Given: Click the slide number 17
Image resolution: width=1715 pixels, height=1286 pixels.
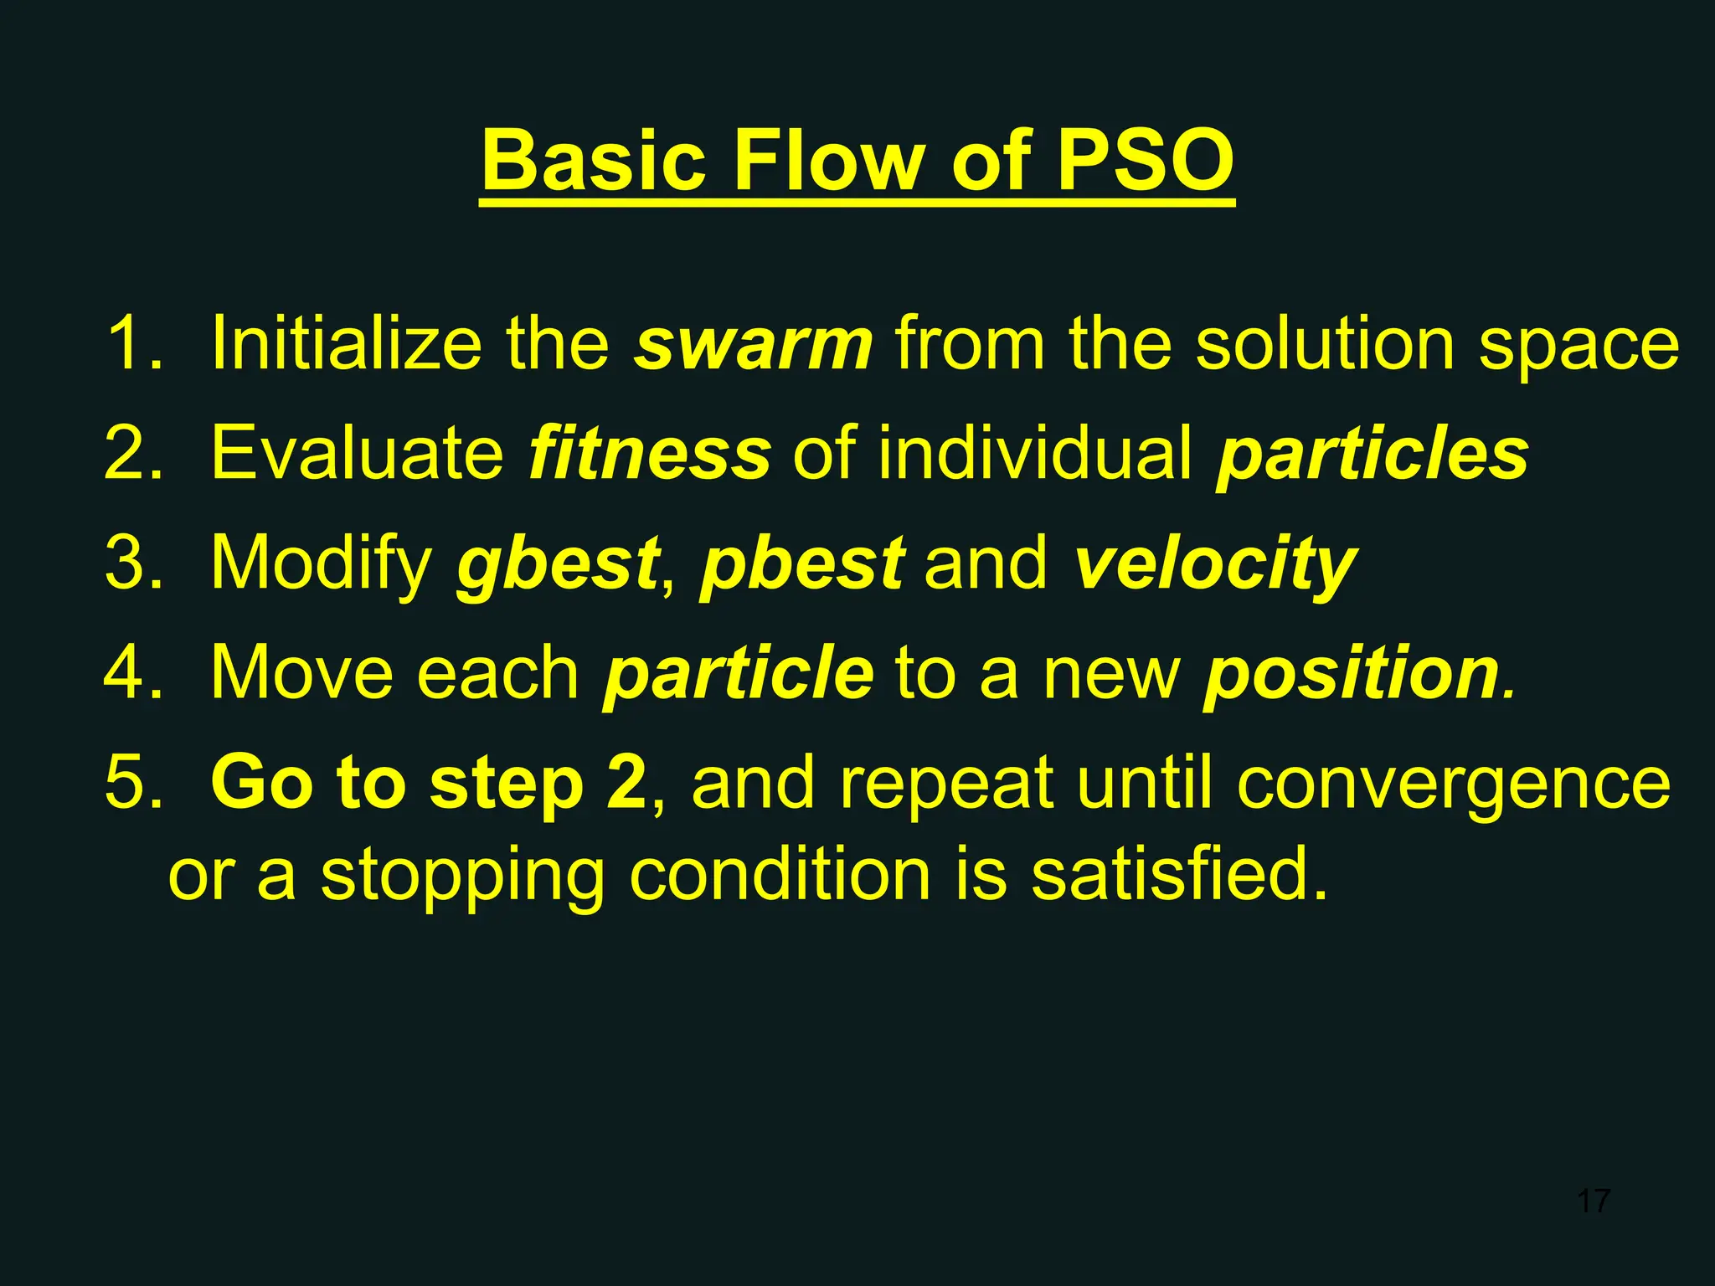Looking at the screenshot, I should [1593, 1201].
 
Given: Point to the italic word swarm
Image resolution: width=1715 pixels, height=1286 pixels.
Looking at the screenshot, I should [753, 344].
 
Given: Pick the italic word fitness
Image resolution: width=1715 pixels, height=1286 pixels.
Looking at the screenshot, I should [649, 453].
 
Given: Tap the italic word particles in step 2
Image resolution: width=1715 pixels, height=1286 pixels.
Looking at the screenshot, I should [1373, 453].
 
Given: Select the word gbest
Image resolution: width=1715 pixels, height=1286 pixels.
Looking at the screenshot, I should [557, 563].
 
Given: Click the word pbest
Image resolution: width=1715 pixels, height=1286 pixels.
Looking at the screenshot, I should [801, 563].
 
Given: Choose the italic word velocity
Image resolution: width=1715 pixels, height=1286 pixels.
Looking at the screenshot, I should [1214, 563].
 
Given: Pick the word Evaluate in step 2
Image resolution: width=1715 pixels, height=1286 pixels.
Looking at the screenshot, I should [357, 453].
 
